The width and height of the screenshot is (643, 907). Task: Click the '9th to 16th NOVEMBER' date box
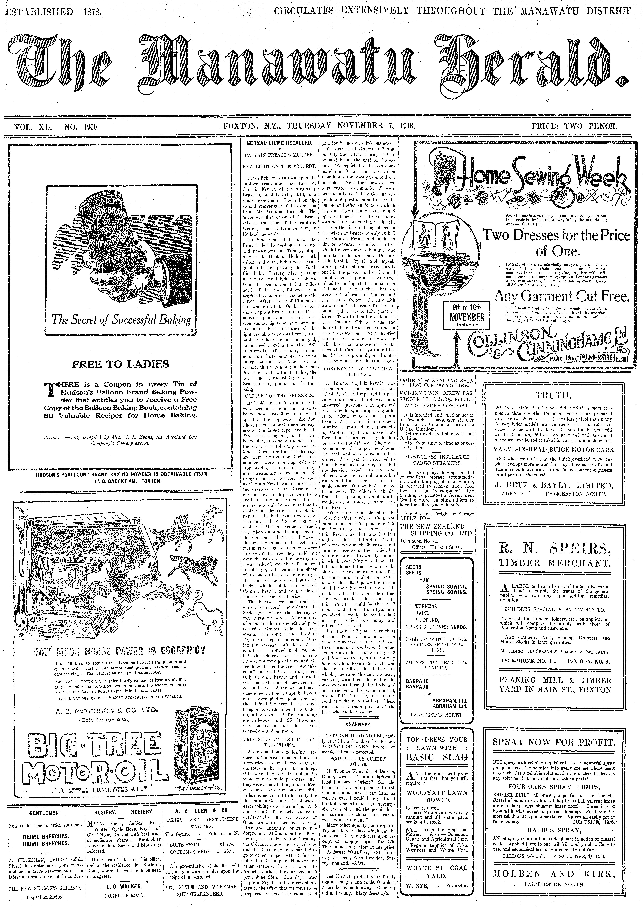(466, 316)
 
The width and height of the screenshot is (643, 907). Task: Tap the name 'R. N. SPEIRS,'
(555, 549)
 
